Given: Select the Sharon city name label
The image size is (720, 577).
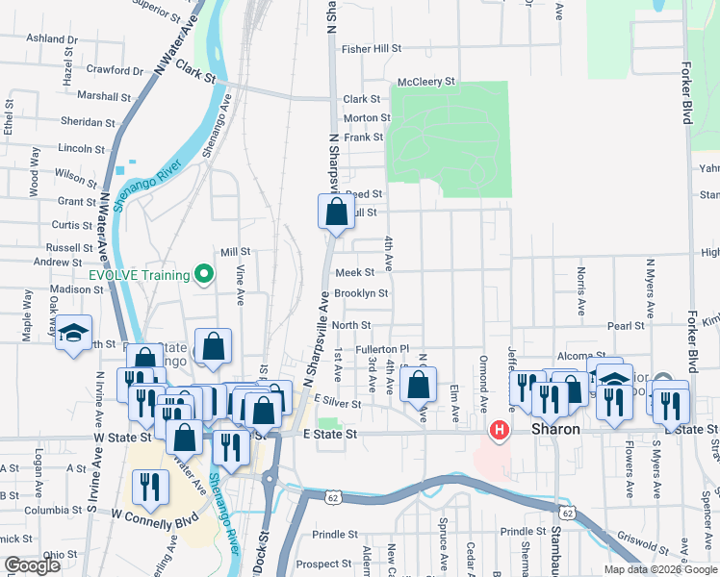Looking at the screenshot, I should click(555, 429).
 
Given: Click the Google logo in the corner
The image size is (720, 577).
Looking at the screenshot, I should click(32, 565).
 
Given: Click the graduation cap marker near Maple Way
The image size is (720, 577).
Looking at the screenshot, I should click(73, 334).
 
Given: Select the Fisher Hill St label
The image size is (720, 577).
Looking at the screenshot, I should click(371, 48).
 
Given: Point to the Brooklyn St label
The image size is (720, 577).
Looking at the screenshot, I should click(361, 293).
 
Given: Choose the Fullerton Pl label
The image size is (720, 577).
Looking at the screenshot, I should click(383, 349).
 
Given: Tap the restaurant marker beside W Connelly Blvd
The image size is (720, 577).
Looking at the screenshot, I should click(148, 488).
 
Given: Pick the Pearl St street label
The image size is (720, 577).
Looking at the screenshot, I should click(626, 327).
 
